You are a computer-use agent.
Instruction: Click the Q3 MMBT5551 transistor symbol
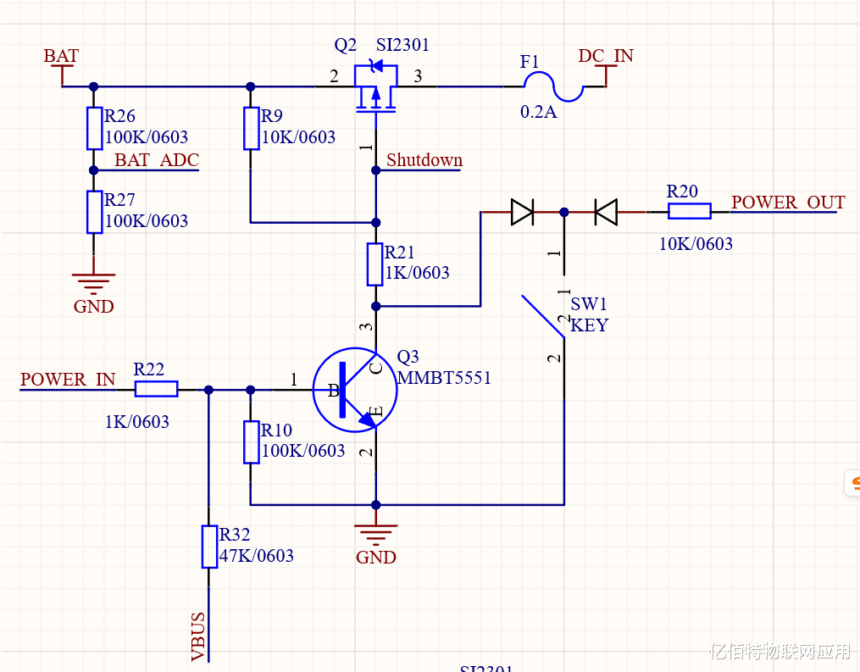coord(355,390)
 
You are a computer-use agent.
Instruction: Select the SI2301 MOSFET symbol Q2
coord(375,86)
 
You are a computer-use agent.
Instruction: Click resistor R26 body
coord(94,128)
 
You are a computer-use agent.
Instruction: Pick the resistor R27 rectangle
coord(94,212)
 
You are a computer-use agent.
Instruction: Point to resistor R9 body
coord(251,128)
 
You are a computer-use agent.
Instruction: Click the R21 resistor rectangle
coord(375,264)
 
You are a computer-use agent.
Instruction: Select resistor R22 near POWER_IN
coord(156,389)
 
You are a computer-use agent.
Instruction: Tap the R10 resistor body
coord(251,442)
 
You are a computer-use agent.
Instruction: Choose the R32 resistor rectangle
coord(209,547)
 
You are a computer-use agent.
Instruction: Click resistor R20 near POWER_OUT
coord(688,212)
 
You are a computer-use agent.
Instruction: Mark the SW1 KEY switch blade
coord(543,317)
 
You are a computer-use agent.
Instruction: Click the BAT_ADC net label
coord(157,160)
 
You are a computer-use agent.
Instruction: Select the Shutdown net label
coord(424,160)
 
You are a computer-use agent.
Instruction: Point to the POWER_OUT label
coord(788,203)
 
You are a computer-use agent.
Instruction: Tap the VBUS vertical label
coord(198,636)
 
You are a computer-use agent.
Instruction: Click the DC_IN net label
coord(606,57)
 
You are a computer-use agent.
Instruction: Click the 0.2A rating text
coord(539,112)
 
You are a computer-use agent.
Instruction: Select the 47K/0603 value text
coord(257,556)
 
